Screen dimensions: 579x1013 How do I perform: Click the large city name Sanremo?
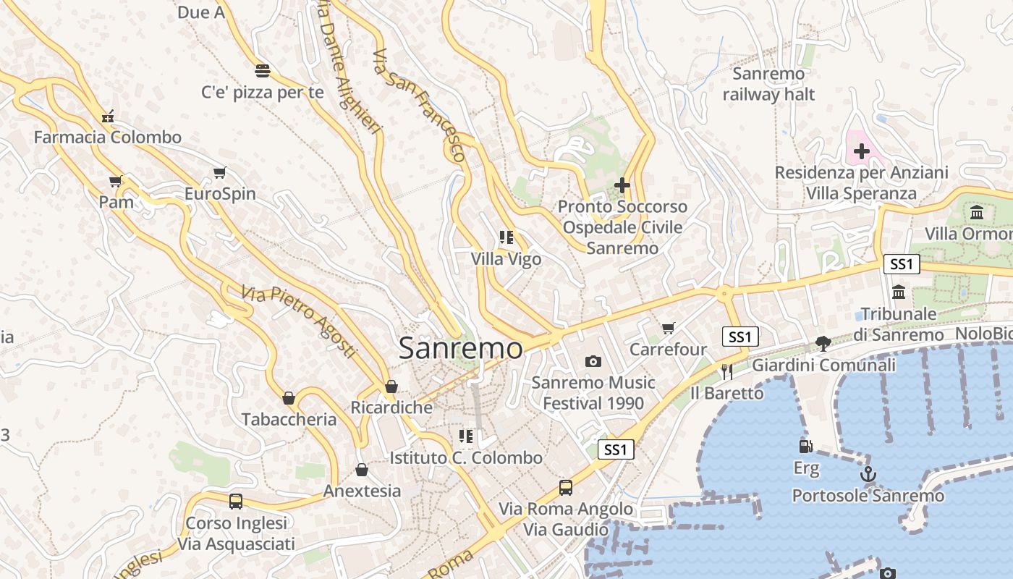point(460,348)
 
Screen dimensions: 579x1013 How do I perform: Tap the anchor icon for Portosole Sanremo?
point(868,475)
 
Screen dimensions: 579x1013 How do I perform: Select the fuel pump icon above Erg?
point(805,447)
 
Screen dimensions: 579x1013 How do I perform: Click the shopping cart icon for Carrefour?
point(668,328)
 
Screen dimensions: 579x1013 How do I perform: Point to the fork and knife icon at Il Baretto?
point(727,371)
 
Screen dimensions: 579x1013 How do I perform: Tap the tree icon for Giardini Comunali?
point(823,343)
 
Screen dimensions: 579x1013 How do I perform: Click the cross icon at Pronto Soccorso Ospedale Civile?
point(622,185)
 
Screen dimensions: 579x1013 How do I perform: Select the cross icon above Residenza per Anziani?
point(861,151)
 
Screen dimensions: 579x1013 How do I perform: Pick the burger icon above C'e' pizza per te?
point(262,71)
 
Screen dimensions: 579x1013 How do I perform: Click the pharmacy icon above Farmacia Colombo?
point(108,116)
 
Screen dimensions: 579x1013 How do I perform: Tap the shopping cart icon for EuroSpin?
point(220,173)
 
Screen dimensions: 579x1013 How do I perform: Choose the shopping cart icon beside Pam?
point(116,181)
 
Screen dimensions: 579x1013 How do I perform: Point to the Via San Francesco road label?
point(419,106)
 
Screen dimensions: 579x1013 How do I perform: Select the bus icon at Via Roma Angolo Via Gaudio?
point(566,487)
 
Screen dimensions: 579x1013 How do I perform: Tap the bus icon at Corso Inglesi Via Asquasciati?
point(236,501)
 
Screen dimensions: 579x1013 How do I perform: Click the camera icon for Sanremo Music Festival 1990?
point(593,361)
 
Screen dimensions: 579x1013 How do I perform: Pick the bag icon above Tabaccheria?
point(289,398)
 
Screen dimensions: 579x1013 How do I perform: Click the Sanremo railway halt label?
point(768,84)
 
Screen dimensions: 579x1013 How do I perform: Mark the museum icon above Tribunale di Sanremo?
point(899,292)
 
